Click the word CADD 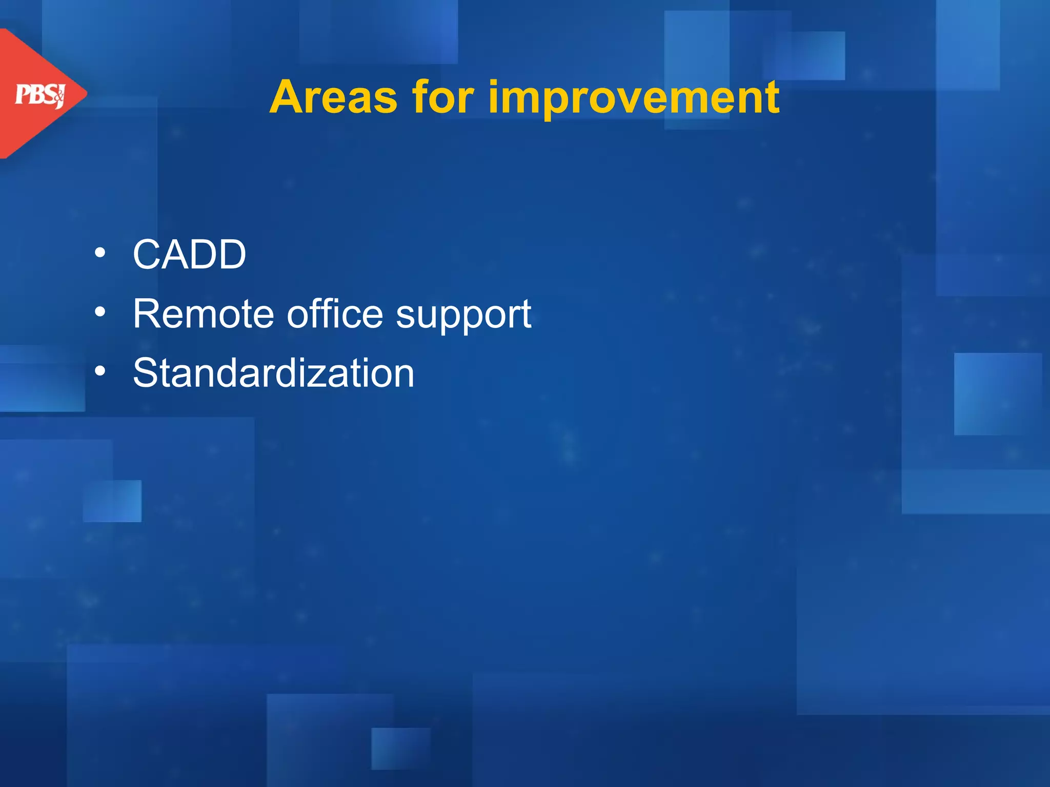coord(189,255)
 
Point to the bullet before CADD coord(100,253)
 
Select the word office coord(334,314)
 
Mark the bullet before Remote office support coord(100,312)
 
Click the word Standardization coord(273,373)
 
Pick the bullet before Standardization coord(100,370)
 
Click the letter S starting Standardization coord(146,373)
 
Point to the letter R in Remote coord(147,314)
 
